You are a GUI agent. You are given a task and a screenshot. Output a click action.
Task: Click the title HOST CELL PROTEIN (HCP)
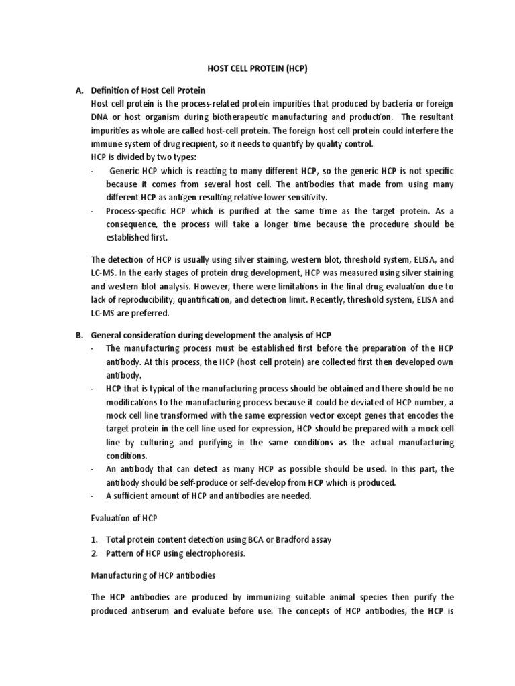pos(257,68)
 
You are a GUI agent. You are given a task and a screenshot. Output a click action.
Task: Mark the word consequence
pos(135,224)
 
